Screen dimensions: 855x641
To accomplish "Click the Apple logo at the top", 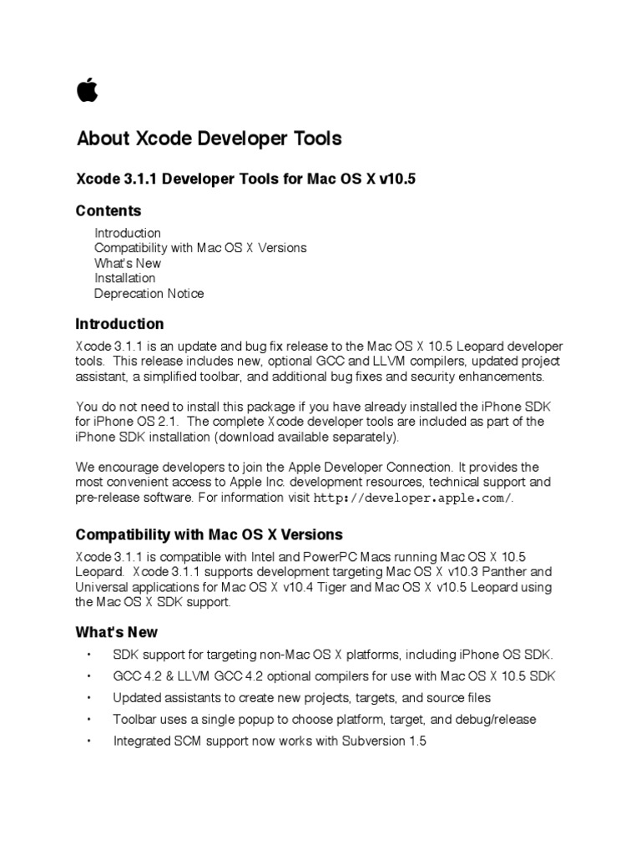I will (x=87, y=89).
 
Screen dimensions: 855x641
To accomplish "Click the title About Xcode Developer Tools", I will (x=209, y=139).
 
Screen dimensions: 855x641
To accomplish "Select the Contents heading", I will (x=109, y=210).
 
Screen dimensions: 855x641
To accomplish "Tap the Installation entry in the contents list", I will (x=124, y=278).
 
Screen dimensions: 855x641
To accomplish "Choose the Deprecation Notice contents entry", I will (x=149, y=293).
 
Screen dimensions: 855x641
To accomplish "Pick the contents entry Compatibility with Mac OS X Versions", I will (x=200, y=248).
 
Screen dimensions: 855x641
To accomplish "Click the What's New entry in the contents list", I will (x=128, y=263).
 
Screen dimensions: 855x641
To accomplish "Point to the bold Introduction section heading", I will (x=119, y=324).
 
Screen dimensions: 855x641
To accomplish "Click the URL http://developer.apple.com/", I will (x=413, y=498).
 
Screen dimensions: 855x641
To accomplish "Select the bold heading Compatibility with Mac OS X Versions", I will (x=209, y=534).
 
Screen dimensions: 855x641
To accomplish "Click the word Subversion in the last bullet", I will (x=377, y=741).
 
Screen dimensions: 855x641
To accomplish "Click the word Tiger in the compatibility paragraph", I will (x=331, y=587).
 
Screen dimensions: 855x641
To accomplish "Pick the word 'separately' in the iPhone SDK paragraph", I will (x=364, y=437).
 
